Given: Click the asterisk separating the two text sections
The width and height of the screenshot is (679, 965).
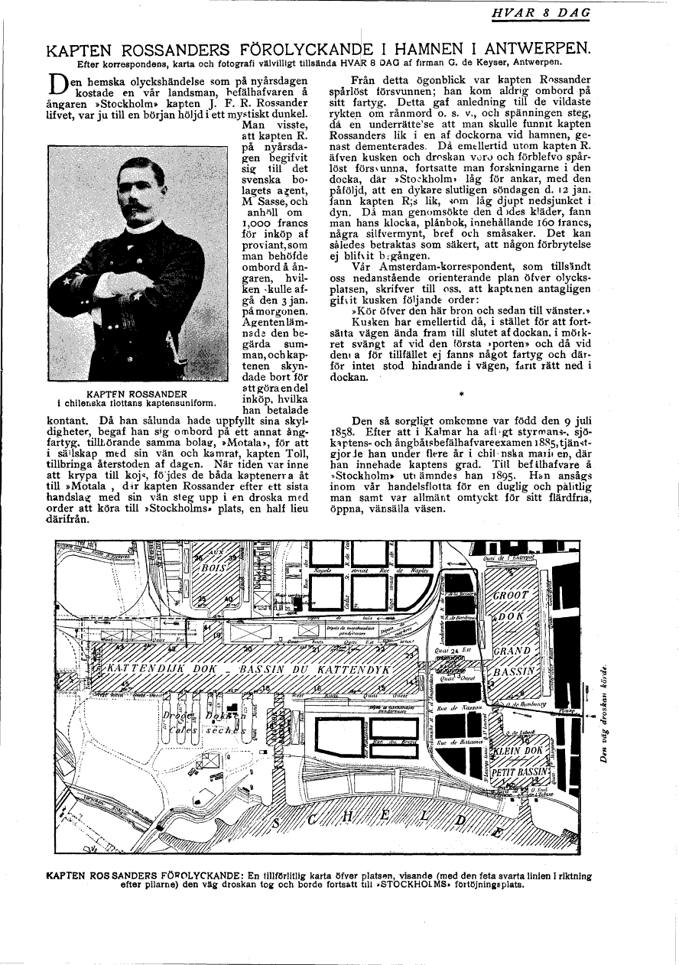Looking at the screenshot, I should pyautogui.click(x=461, y=394).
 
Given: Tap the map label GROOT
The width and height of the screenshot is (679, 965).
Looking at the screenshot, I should pyautogui.click(x=512, y=596).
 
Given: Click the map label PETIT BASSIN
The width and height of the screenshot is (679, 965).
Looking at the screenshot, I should pyautogui.click(x=521, y=772).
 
